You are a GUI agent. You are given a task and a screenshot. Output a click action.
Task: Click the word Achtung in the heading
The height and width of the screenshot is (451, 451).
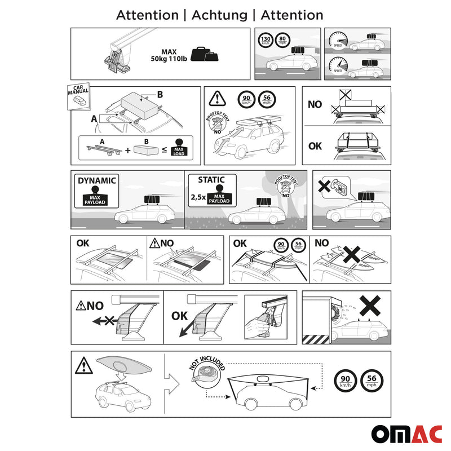(219, 15)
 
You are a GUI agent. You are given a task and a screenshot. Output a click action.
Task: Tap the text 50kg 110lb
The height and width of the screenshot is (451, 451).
(169, 58)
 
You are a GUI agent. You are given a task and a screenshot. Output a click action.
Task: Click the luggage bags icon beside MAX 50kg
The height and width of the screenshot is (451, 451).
(204, 54)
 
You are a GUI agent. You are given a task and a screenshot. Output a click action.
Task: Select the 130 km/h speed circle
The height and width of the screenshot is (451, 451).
(265, 41)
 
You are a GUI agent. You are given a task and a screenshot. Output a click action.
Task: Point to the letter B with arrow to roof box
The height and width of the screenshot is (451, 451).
(160, 95)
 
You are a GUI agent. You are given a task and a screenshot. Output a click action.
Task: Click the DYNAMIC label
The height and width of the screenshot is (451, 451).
(96, 180)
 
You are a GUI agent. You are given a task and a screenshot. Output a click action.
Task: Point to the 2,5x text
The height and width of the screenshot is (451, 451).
(198, 197)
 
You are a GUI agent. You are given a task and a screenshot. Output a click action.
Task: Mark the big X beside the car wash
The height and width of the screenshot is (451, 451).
(370, 307)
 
